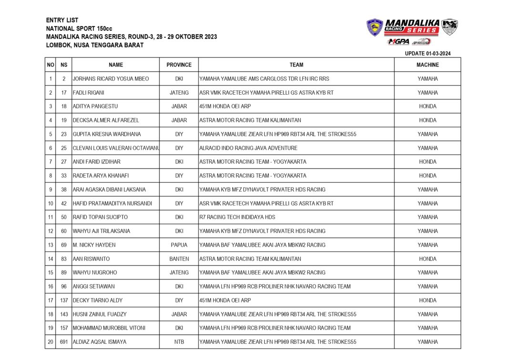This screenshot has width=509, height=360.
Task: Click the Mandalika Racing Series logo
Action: click(412, 27)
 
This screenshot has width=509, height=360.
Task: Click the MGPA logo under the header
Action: click(398, 42)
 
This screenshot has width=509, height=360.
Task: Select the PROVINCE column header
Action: click(179, 65)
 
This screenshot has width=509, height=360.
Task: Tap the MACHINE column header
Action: click(428, 65)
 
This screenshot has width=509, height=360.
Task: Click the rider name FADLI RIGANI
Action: click(88, 93)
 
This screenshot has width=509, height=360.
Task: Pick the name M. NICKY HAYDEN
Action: click(94, 245)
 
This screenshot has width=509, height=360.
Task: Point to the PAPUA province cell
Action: click(179, 245)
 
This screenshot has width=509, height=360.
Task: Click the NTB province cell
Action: click(179, 342)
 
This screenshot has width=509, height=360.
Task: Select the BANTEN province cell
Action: click(179, 259)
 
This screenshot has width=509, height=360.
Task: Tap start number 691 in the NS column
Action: click(64, 342)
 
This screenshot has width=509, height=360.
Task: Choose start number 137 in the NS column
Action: click(64, 300)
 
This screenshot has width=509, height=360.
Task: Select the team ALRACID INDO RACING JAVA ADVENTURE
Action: click(248, 148)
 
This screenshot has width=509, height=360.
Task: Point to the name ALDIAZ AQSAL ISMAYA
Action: click(99, 342)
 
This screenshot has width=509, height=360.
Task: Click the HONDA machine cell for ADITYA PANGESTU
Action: click(428, 107)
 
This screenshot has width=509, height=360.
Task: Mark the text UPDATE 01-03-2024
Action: click(428, 54)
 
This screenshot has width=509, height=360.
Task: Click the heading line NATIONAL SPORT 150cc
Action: click(79, 29)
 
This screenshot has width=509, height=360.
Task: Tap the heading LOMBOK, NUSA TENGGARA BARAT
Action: click(94, 45)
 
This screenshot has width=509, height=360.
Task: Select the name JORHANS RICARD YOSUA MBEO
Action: click(111, 79)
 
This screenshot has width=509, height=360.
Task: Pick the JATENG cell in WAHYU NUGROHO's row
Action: click(179, 273)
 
